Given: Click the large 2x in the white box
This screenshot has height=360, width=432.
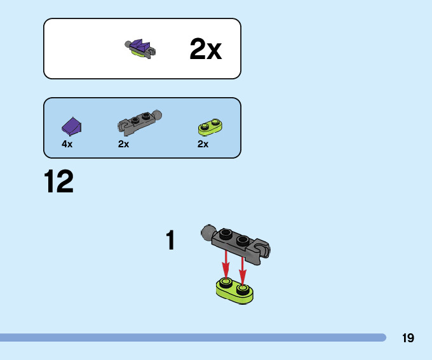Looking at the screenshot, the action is click(205, 50).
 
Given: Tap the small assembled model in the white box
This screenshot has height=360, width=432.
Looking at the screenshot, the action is click(141, 49).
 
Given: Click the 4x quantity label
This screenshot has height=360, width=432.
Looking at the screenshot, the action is click(67, 144).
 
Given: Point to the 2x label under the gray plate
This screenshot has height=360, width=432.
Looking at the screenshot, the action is click(123, 144).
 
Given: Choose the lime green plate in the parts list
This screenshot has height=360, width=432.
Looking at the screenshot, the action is click(210, 126).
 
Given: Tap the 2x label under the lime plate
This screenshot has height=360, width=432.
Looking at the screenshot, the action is click(203, 144).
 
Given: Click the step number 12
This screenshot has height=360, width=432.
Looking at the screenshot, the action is click(58, 182).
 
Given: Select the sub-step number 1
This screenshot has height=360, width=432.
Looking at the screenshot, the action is click(170, 241).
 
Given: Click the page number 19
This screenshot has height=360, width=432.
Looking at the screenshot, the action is click(408, 338).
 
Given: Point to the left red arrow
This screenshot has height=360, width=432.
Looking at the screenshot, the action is click(226, 263).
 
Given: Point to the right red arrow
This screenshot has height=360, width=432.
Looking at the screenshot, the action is click(242, 267).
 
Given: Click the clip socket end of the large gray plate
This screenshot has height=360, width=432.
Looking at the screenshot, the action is click(262, 248).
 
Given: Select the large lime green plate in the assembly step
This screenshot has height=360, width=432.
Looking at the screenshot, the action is click(234, 290).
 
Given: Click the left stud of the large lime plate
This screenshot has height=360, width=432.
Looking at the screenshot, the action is click(226, 283).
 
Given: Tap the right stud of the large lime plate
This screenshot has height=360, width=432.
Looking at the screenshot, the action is click(242, 290).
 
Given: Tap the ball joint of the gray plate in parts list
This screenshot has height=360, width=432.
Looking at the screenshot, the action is click(156, 115).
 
